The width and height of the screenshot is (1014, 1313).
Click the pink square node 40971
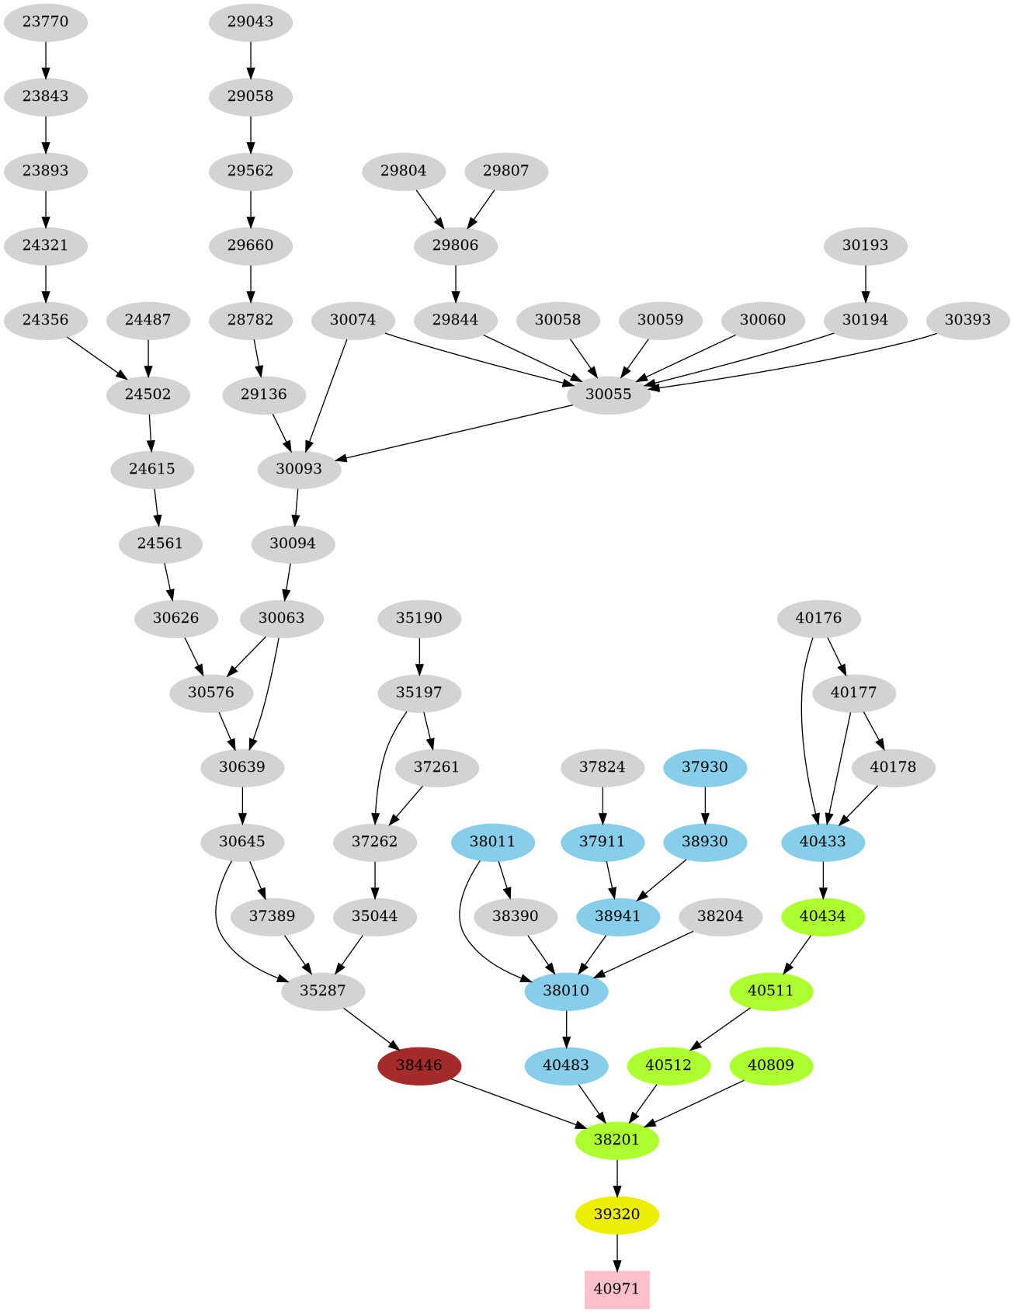[x=616, y=1289]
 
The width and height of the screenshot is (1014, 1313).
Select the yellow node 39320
[x=616, y=1214]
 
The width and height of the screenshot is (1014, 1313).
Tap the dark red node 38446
[x=419, y=1065]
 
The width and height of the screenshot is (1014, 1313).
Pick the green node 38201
[x=616, y=1140]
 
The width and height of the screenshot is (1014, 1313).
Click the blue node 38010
[x=566, y=991]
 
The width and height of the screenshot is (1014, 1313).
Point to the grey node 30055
[x=609, y=394]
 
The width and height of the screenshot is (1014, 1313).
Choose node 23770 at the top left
[x=45, y=22]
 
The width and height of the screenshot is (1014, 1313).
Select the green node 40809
[x=771, y=1065]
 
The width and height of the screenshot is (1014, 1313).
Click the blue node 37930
[x=705, y=767]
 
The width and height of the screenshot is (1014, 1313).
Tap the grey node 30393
[x=967, y=320]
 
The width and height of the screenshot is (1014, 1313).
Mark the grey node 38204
[x=720, y=916]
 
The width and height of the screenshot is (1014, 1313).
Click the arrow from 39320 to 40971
[x=616, y=1252]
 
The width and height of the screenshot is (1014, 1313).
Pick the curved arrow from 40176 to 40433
[x=802, y=722]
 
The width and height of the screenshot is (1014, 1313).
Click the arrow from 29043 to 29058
[x=250, y=59]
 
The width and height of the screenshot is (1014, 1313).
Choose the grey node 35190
[x=419, y=618]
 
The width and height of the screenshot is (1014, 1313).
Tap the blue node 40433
[x=823, y=842]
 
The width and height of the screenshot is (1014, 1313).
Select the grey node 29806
[x=455, y=245]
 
